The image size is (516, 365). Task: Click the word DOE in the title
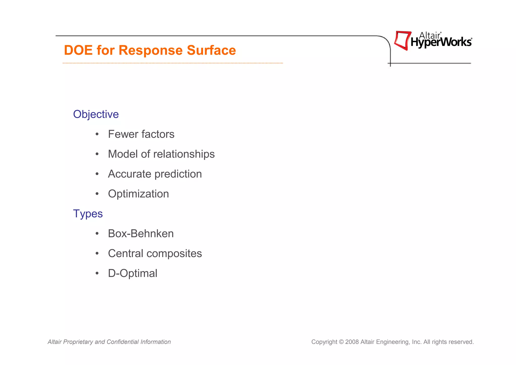[x=78, y=50]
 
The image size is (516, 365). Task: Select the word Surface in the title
[x=211, y=50]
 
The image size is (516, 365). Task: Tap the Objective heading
[x=96, y=114]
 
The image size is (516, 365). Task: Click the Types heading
[x=88, y=214]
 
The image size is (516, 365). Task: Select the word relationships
[x=184, y=154]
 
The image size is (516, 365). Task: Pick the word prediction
[x=178, y=174]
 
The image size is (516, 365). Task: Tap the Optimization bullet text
[x=138, y=194]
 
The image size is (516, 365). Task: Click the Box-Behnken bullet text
[x=141, y=234]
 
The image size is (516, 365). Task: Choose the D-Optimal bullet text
[x=133, y=273]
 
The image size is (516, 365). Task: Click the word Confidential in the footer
[x=123, y=342]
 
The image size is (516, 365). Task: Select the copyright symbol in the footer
[x=341, y=342]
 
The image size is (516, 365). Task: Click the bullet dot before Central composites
[x=97, y=254]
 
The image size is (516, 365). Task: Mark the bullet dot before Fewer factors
[x=97, y=134]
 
